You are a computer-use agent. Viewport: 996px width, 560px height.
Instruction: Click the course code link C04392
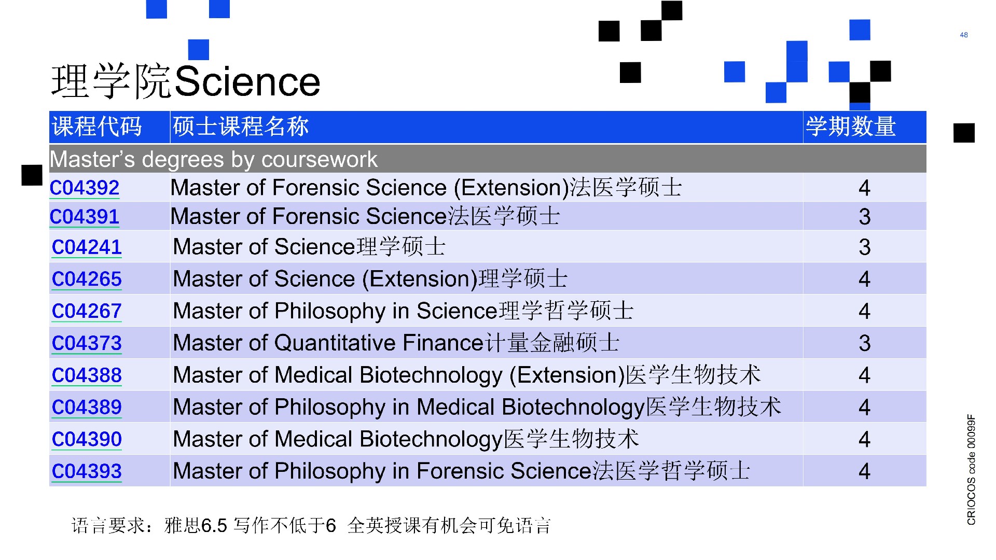click(x=85, y=188)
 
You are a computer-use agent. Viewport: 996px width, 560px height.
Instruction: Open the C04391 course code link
click(x=85, y=217)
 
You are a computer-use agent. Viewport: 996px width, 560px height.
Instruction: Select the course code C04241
click(x=87, y=247)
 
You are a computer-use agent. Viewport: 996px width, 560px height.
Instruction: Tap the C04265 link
click(x=87, y=279)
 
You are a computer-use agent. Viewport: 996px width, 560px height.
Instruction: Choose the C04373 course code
click(x=87, y=343)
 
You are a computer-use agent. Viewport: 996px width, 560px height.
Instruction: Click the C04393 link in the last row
click(x=87, y=471)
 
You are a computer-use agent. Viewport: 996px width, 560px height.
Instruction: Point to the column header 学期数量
click(x=851, y=127)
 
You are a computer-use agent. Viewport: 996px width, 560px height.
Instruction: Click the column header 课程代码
click(x=97, y=127)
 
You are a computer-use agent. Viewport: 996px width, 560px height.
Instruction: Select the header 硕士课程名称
click(x=241, y=127)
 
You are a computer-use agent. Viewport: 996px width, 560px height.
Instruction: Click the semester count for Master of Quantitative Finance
click(x=864, y=343)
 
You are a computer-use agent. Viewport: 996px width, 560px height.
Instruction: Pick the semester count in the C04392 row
click(x=864, y=188)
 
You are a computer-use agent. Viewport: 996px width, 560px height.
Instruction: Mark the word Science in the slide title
click(x=247, y=81)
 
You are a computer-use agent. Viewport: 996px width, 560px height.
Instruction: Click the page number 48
click(x=964, y=35)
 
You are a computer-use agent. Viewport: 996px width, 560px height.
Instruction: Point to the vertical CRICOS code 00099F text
click(x=971, y=470)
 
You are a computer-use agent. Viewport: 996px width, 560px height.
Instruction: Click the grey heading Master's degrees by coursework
click(x=213, y=159)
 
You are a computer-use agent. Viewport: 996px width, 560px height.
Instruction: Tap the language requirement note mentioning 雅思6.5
click(x=311, y=526)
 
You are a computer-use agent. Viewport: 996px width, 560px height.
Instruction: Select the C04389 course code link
click(x=87, y=408)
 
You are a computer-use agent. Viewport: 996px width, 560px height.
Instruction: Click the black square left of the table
click(x=32, y=175)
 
